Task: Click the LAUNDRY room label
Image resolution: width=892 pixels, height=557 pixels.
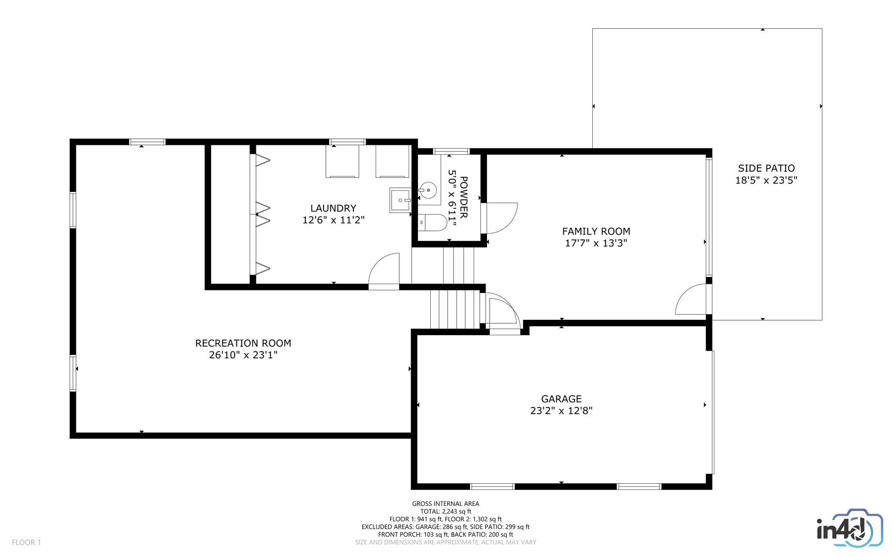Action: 333,208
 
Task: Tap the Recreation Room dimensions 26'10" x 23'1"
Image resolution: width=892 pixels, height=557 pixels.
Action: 243,355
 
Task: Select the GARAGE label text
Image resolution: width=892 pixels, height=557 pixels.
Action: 561,399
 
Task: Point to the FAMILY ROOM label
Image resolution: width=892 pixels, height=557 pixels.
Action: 596,232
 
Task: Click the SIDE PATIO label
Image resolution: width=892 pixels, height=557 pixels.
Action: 766,168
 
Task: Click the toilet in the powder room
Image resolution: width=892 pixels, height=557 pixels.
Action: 432,223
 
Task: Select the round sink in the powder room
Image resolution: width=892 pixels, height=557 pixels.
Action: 428,191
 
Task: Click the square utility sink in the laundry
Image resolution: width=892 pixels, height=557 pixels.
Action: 400,200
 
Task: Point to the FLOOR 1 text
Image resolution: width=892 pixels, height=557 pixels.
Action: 26,542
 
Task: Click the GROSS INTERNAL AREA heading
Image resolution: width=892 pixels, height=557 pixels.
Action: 445,504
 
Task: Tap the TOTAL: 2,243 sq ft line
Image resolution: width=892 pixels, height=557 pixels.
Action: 445,512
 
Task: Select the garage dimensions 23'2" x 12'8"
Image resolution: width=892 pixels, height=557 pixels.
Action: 561,411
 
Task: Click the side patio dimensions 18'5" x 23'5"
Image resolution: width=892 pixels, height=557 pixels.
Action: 766,181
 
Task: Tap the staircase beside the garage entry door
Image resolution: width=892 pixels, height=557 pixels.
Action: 455,309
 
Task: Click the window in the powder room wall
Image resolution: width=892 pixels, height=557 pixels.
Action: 451,151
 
